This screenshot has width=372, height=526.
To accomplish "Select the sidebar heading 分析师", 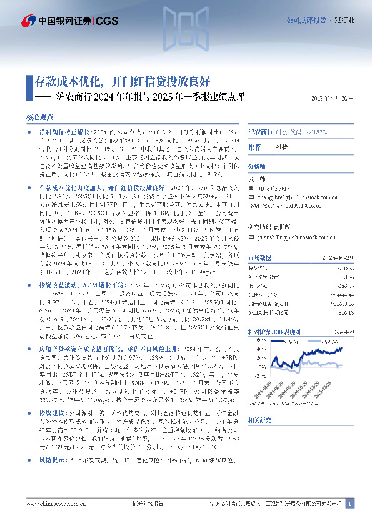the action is pyautogui.click(x=257, y=167).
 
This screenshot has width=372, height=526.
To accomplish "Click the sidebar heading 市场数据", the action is pyautogui.click(x=259, y=239).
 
